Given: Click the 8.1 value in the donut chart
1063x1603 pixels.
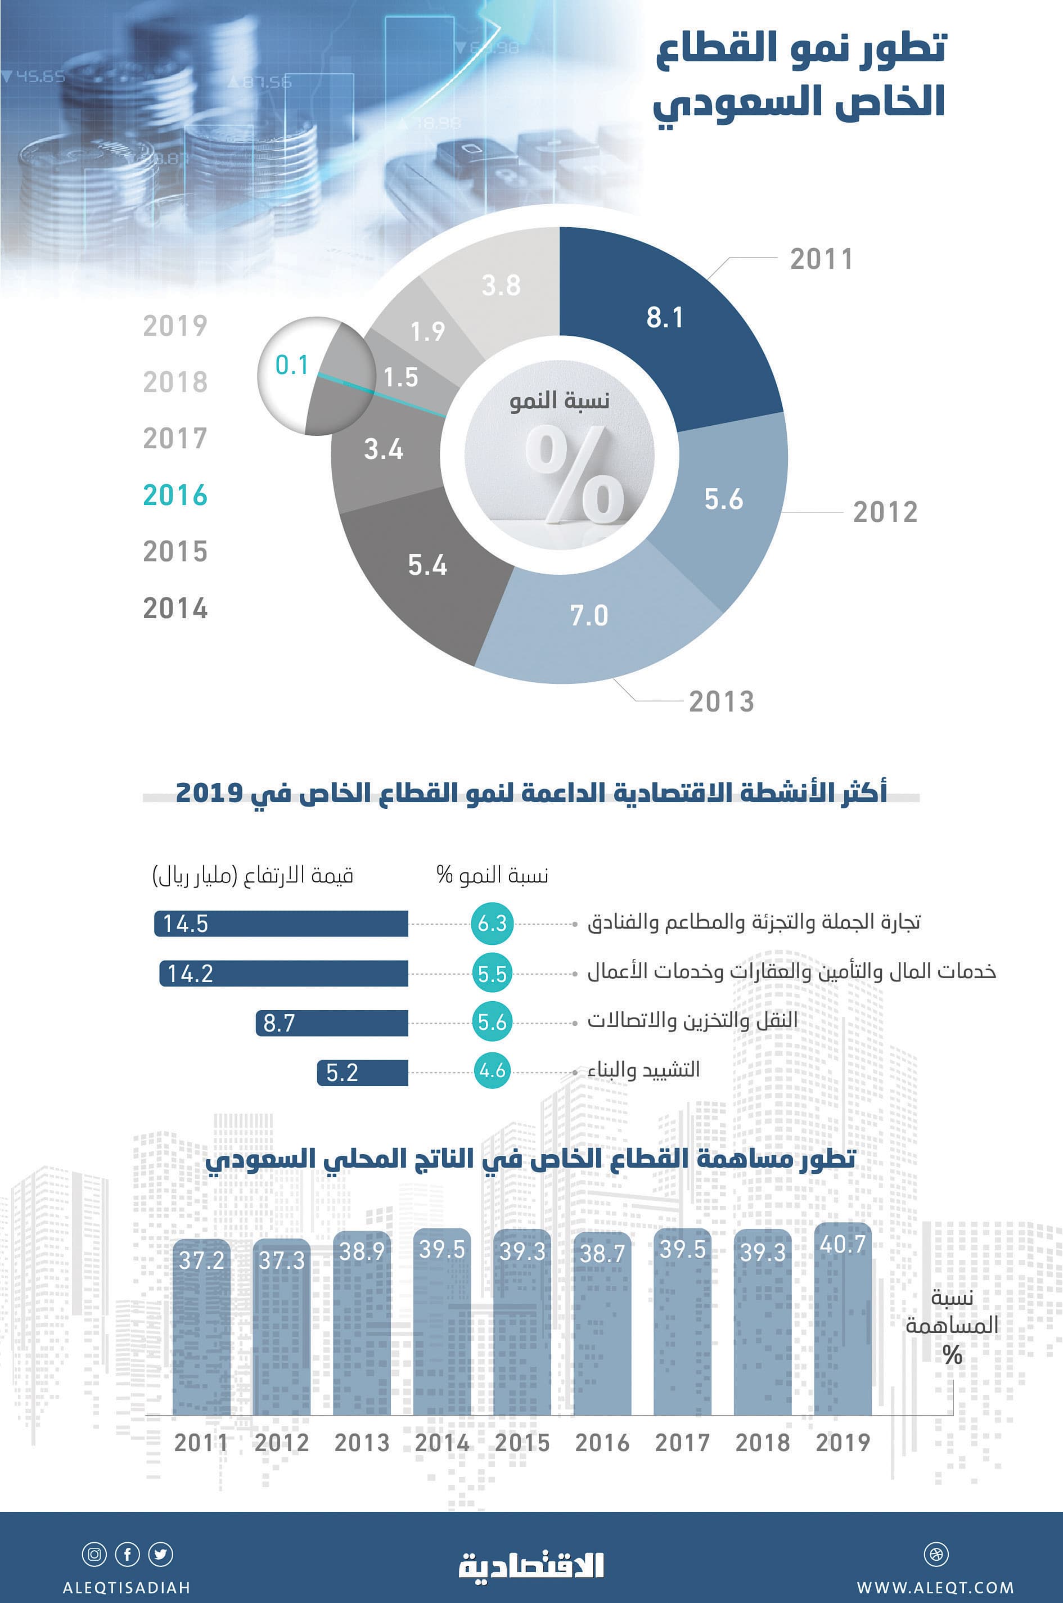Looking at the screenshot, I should [664, 318].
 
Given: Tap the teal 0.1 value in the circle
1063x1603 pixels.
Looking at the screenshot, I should [291, 366].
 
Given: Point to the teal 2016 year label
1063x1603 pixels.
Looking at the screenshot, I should [175, 496].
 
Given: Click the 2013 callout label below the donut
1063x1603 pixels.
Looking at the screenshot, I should [721, 701].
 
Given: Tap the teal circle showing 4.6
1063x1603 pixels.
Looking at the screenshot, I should [492, 1070].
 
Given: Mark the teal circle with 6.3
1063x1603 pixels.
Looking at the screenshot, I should [492, 923].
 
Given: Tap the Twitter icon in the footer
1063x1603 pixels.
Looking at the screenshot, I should [161, 1554].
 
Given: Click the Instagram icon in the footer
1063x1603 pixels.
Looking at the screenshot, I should [94, 1554].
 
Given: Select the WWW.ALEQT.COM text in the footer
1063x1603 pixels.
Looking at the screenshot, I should [935, 1587].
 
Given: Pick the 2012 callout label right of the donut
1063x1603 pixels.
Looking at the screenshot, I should [885, 512].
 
